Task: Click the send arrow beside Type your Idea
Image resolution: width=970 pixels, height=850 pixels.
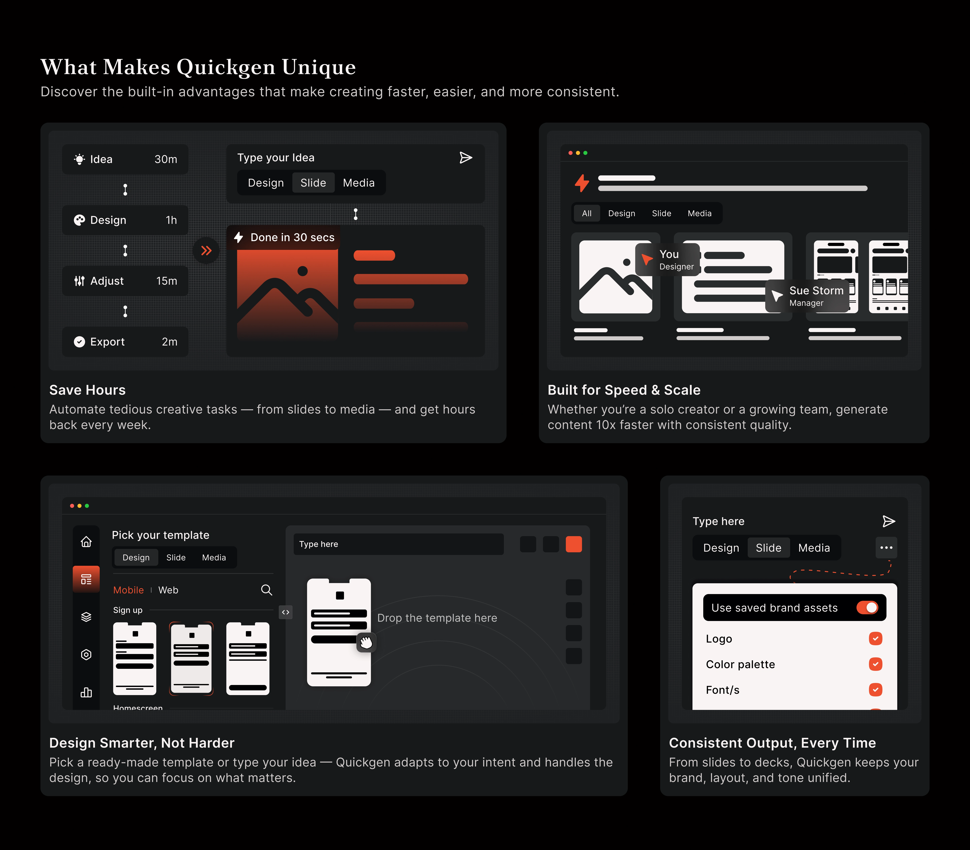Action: pyautogui.click(x=466, y=157)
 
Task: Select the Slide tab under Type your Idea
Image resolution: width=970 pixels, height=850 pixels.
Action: pyautogui.click(x=313, y=183)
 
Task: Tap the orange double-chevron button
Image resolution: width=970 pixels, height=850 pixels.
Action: pyautogui.click(x=206, y=250)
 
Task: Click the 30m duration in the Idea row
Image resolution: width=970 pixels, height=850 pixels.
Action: pyautogui.click(x=166, y=159)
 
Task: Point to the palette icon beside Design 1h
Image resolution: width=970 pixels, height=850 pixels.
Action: pyautogui.click(x=79, y=220)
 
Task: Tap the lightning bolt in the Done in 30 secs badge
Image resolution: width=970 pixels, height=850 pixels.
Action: pyautogui.click(x=239, y=237)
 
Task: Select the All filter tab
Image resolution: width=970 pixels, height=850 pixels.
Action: pyautogui.click(x=587, y=214)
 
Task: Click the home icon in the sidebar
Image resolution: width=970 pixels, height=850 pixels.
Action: pyautogui.click(x=86, y=541)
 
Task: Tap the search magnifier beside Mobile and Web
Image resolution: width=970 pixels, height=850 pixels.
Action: pyautogui.click(x=267, y=590)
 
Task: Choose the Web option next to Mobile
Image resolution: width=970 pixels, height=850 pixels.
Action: pyautogui.click(x=168, y=590)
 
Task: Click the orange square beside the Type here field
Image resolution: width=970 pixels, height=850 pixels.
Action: pyautogui.click(x=574, y=544)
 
